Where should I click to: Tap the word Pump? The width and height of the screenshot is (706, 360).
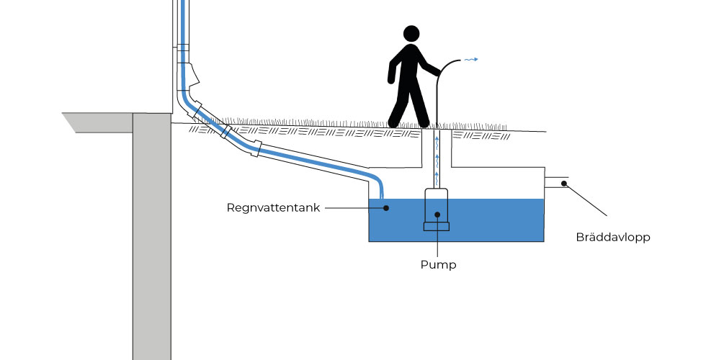(x=438, y=264)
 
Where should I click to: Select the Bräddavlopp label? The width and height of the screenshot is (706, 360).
(x=613, y=237)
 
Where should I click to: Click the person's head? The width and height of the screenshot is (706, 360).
(x=411, y=35)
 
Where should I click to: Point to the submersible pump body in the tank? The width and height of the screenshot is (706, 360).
(x=437, y=204)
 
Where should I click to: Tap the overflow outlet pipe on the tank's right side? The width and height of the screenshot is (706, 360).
(x=557, y=182)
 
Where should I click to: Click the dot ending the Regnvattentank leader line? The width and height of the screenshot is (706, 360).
(x=386, y=208)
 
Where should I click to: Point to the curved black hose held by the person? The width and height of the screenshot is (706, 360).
(x=443, y=79)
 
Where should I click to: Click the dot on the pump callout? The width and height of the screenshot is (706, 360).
(x=437, y=215)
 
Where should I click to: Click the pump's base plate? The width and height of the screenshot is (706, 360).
(x=437, y=227)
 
